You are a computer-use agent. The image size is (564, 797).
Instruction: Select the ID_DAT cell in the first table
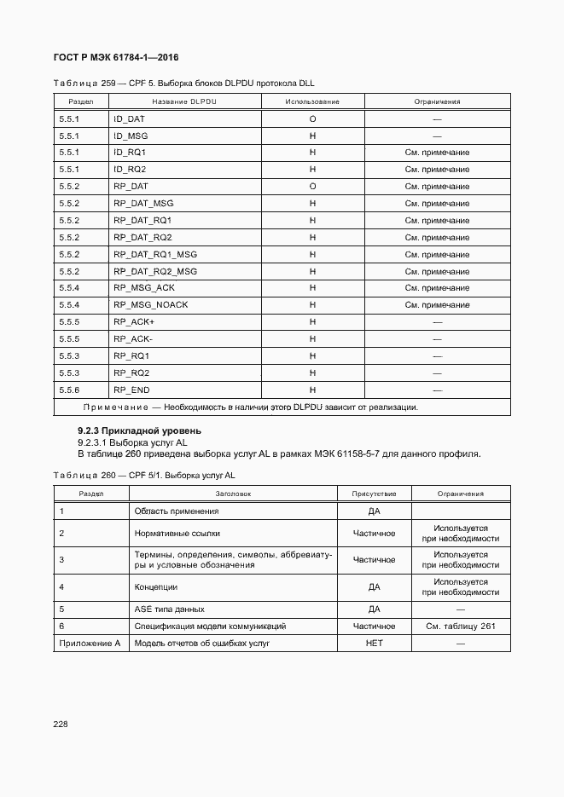(129, 118)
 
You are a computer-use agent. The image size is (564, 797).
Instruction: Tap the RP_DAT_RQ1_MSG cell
(154, 254)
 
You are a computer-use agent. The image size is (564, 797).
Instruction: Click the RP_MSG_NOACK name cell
(150, 305)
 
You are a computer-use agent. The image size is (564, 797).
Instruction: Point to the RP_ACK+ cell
(133, 322)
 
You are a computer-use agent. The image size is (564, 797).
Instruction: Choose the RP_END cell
(131, 390)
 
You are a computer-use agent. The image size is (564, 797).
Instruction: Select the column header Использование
(312, 101)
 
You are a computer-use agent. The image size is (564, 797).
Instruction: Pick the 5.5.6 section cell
(69, 390)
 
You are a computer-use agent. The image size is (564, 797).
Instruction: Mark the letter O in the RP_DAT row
(312, 187)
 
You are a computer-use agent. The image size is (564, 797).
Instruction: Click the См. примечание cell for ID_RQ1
(437, 153)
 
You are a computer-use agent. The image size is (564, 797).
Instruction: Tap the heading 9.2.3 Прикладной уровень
(139, 430)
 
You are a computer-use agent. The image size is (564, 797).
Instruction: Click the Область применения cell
(177, 511)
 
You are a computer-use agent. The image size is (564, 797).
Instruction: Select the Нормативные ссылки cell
(177, 534)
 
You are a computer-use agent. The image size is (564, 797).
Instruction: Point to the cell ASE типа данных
(169, 609)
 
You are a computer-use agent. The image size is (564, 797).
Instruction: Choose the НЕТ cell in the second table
(374, 643)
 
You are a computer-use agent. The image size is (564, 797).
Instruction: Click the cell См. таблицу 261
(461, 627)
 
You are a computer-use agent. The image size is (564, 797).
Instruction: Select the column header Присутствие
(374, 494)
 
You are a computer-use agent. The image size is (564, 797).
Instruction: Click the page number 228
(61, 724)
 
